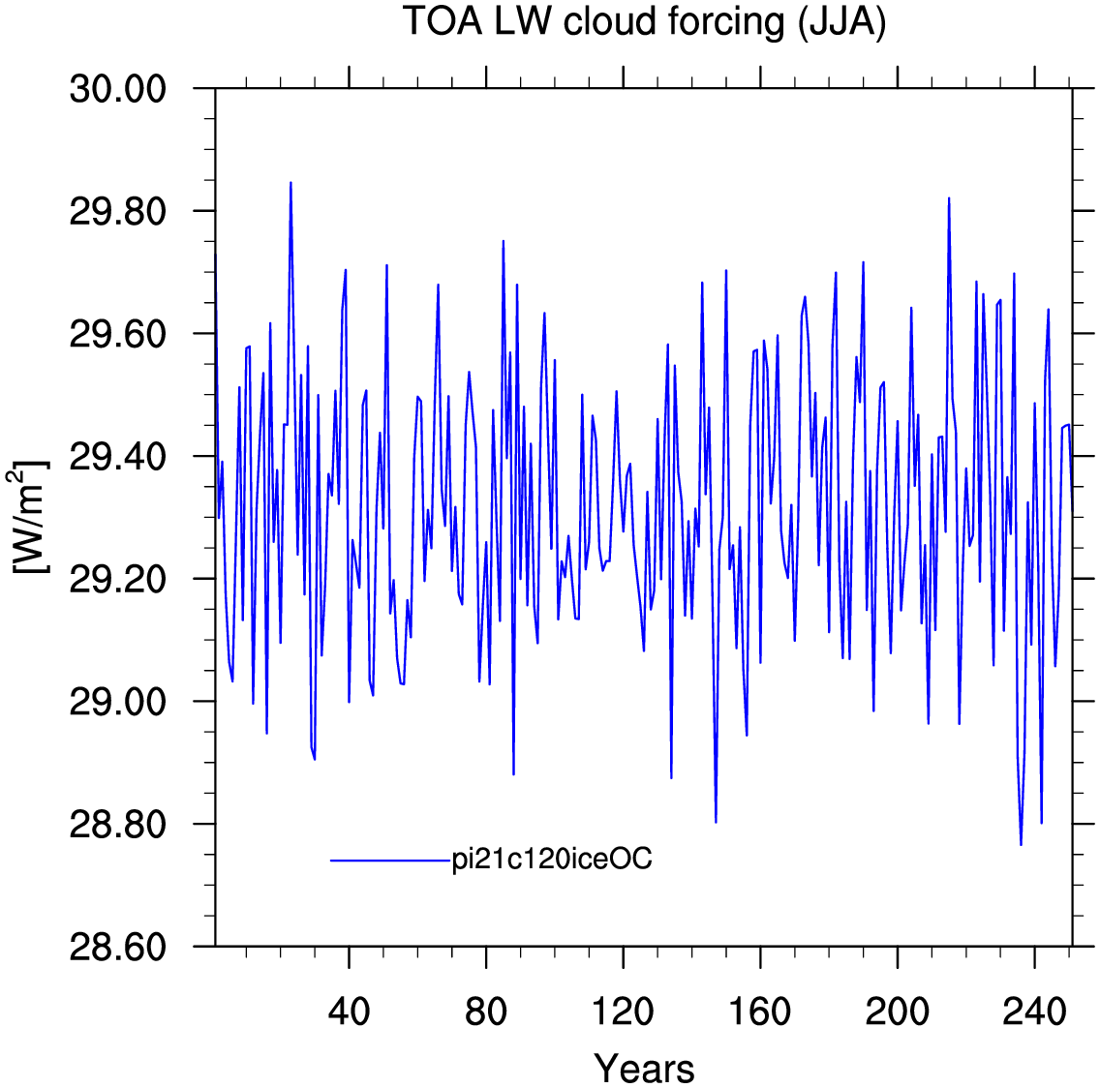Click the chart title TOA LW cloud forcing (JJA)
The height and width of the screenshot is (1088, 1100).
pos(644,21)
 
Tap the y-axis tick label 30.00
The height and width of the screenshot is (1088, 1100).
pos(118,89)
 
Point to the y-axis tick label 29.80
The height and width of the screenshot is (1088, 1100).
pos(118,211)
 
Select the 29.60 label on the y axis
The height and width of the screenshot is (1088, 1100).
pos(118,334)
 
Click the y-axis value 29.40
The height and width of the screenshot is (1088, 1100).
pos(118,457)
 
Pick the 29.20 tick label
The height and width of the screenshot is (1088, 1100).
pos(118,580)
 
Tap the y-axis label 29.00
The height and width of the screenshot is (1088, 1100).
pos(118,702)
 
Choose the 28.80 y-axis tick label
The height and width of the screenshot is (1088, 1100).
pos(118,825)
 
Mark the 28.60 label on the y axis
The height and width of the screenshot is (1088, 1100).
pos(118,947)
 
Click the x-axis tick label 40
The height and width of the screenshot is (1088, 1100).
pos(349,1012)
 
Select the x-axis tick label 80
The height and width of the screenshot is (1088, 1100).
pos(485,1012)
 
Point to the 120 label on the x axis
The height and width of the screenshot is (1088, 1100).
pos(623,1012)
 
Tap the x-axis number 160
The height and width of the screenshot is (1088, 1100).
pos(760,1012)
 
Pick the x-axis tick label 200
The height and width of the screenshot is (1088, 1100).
pos(898,1012)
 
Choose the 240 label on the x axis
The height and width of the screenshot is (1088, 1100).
pos(1034,1012)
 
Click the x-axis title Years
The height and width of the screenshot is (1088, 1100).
pos(644,1069)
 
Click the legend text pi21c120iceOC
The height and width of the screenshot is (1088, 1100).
pos(552,859)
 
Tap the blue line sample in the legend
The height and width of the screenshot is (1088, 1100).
pos(391,860)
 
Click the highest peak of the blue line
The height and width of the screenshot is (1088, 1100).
pos(290,182)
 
